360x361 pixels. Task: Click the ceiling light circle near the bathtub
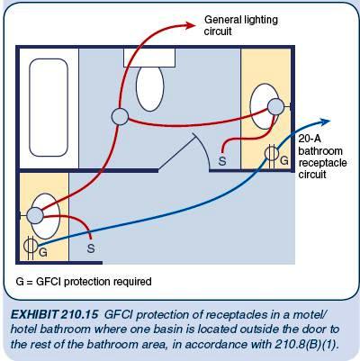point(121,115)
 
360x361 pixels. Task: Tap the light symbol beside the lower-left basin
point(33,215)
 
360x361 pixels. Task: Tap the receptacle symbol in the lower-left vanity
point(28,245)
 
